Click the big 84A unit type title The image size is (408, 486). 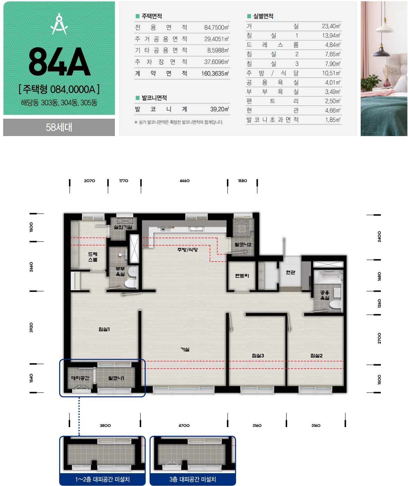59,62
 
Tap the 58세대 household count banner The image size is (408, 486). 59,127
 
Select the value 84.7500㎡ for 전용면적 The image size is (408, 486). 216,27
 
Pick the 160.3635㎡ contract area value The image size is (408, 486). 215,74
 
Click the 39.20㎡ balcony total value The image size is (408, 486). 219,109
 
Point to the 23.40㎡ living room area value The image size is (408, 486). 331,26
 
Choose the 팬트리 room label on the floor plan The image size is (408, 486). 242,276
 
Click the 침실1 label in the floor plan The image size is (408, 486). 104,329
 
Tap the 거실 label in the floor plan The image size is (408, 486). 185,349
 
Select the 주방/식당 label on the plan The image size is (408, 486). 187,250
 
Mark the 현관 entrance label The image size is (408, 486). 290,272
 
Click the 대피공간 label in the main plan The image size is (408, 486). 80,378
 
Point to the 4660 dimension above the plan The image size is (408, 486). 184,181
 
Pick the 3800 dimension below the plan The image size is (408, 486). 105,426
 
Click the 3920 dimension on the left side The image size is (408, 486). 31,327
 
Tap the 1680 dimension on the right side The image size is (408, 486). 379,276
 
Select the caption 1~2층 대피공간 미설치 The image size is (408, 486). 102,479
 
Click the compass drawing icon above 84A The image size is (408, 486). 59,24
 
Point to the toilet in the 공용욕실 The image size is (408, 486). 335,305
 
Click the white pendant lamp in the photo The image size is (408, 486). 385,26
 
